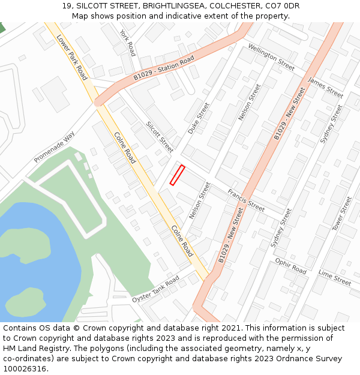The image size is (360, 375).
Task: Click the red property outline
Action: click(177, 175)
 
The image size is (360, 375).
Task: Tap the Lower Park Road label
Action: click(72, 57)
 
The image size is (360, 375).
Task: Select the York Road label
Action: click(128, 43)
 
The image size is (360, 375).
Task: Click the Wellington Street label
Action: click(271, 57)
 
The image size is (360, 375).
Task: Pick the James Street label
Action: click(325, 88)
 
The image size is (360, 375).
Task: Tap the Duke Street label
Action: click(199, 118)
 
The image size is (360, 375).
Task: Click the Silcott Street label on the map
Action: click(160, 137)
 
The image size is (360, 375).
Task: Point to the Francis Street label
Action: click(246, 200)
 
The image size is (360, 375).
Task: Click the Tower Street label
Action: click(342, 214)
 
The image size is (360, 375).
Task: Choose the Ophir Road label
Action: click(290, 266)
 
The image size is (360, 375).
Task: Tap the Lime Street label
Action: click(335, 277)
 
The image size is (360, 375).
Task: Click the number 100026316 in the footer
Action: click(25, 369)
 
